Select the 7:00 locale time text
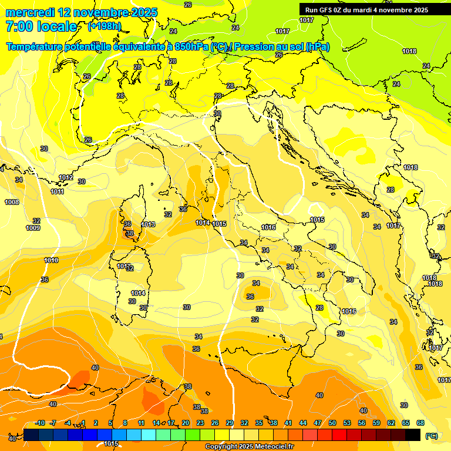[41, 26]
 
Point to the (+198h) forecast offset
[105, 26]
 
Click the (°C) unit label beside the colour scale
[431, 436]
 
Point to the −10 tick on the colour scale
[40, 423]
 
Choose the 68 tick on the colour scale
[420, 423]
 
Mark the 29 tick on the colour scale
[230, 423]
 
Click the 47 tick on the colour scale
[318, 423]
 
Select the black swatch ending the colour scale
[413, 435]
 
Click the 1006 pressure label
[12, 202]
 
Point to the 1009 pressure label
[33, 228]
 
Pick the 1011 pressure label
[57, 191]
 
